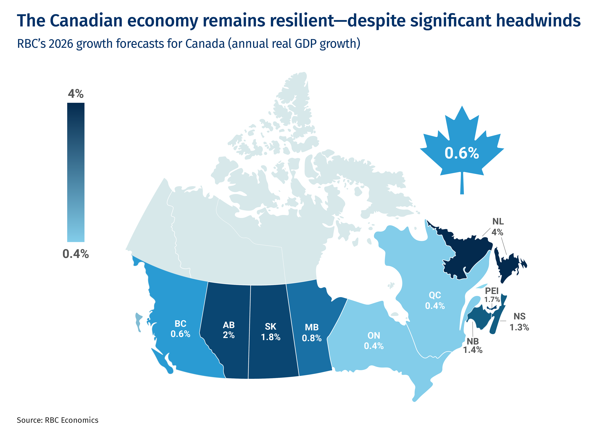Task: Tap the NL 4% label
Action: pos(498,227)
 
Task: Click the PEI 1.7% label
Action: pos(492,295)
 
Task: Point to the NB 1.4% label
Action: pos(473,346)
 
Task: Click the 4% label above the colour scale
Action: pos(76,94)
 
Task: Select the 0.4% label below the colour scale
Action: pos(76,254)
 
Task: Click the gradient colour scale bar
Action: pos(76,172)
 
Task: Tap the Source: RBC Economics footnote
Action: pos(57,420)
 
